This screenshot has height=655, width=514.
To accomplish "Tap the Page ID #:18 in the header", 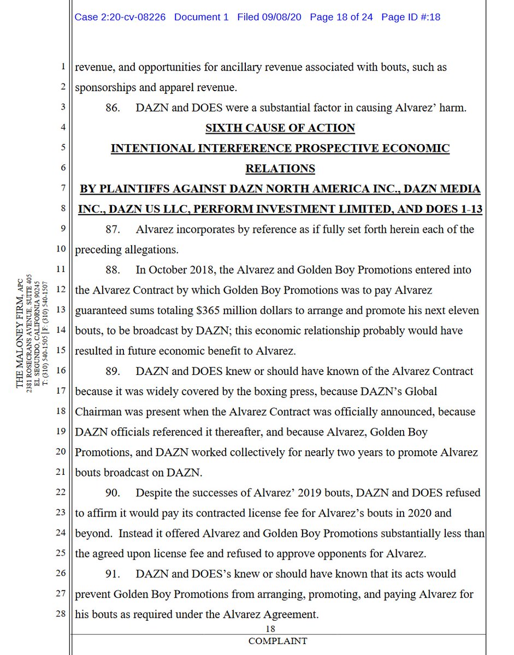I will pyautogui.click(x=411, y=17).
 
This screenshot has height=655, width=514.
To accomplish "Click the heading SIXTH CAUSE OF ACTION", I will pyautogui.click(x=280, y=128).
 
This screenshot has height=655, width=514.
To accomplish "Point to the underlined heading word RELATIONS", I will pyautogui.click(x=280, y=169).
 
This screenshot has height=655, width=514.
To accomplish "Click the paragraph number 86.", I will pyautogui.click(x=113, y=108).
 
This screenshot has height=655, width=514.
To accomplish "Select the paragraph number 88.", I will pyautogui.click(x=113, y=270).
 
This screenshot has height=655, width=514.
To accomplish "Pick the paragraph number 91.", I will pyautogui.click(x=113, y=574).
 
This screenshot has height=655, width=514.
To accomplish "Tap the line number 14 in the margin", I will pyautogui.click(x=61, y=331).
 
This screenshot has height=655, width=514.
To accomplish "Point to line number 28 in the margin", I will pyautogui.click(x=61, y=615).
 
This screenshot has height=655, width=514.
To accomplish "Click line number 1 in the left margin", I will pyautogui.click(x=63, y=68).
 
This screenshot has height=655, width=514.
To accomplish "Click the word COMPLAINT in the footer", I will pyautogui.click(x=277, y=641).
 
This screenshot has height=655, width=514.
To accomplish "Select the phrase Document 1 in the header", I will pyautogui.click(x=202, y=17).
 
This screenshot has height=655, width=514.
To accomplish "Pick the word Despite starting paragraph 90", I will pyautogui.click(x=154, y=492).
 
